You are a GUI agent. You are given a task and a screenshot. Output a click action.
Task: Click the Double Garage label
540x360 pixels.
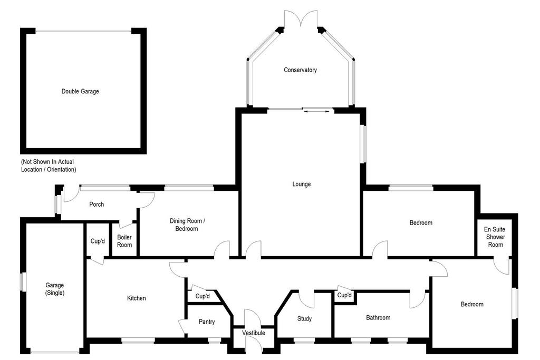80,91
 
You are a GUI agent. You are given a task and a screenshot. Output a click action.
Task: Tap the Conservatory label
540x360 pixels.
300,70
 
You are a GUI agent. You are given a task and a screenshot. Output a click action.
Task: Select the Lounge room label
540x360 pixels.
302,184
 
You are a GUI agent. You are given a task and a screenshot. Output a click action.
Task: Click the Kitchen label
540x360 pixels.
136,298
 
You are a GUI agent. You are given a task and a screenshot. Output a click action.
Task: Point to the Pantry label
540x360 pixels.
207,322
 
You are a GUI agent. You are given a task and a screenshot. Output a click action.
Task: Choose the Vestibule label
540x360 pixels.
254,333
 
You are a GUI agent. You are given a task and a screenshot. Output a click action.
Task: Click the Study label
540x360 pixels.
304,319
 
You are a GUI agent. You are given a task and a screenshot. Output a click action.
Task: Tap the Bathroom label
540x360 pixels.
378,318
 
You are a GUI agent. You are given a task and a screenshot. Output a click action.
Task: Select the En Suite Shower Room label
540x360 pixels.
495,237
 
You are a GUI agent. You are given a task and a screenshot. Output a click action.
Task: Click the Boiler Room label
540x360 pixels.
124,241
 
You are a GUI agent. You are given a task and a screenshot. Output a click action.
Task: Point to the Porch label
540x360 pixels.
97,205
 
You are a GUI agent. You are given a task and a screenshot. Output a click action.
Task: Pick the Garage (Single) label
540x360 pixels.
55,289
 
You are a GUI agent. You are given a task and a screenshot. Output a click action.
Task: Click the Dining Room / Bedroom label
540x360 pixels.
184,225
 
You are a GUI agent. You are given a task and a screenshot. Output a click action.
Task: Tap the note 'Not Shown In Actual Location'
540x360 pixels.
49,166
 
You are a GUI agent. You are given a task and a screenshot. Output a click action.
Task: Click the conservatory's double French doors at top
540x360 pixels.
300,18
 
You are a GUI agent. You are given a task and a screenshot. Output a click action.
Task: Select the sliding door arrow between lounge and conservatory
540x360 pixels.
317,110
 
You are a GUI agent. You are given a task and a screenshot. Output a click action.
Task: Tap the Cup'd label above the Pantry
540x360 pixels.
202,297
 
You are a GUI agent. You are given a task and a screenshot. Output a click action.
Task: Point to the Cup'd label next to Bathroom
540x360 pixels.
344,296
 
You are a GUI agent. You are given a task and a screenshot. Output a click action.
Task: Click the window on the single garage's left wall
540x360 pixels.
23,281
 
